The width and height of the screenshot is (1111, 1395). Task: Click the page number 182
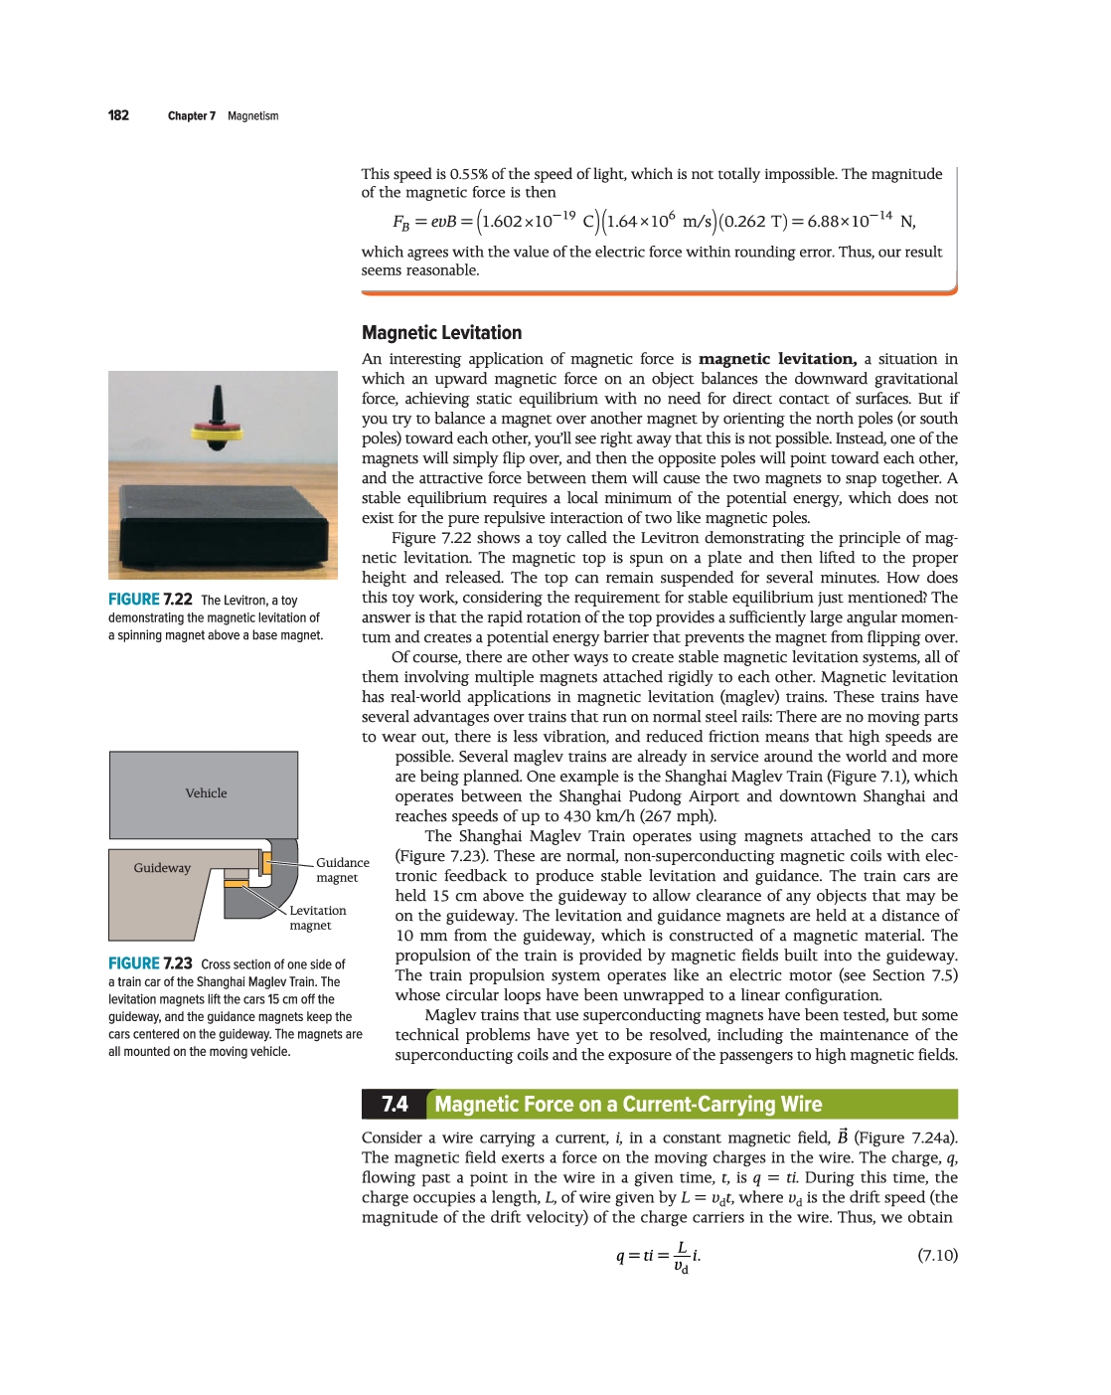click(118, 115)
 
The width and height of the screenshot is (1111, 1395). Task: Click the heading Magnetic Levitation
click(441, 333)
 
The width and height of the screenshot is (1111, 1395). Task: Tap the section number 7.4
click(395, 1105)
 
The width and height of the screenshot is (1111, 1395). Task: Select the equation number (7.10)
click(937, 1255)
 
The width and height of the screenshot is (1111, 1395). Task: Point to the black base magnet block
click(223, 527)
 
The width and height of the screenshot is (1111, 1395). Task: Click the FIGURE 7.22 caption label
click(150, 600)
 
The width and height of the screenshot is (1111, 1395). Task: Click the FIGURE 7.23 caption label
click(150, 963)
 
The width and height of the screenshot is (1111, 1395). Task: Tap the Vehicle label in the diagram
click(206, 793)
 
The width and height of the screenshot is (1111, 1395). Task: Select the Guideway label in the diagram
click(162, 868)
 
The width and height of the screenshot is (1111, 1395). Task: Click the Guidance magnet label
click(342, 870)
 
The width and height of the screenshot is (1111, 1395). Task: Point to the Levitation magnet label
click(317, 918)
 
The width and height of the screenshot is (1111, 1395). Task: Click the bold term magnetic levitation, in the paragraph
click(777, 359)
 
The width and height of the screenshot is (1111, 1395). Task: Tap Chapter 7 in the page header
click(191, 116)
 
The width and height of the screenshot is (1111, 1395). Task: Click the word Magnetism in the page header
click(252, 116)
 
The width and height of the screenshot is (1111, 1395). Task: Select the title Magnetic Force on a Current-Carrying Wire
click(628, 1105)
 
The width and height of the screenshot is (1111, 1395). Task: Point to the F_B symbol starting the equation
click(400, 222)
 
